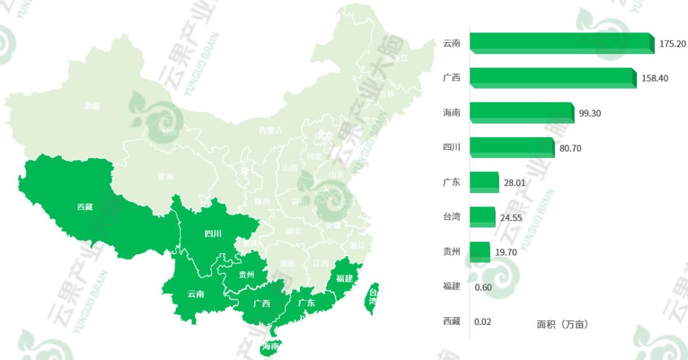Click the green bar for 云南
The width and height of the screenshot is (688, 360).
point(561,43)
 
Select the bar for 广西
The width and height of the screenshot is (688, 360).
point(552,78)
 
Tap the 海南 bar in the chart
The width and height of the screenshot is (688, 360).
point(521,113)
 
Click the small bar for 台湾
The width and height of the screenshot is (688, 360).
point(482,217)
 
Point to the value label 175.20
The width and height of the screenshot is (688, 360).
point(673,44)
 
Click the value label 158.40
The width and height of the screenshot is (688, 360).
point(655,78)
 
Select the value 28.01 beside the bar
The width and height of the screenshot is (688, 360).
point(514,183)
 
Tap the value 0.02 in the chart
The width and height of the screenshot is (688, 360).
point(483,322)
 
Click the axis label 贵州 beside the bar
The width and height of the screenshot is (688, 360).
point(452,252)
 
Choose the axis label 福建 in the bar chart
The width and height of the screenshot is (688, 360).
point(452,286)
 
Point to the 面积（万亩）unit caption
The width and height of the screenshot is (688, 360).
point(563,324)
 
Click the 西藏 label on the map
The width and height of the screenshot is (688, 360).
point(85,206)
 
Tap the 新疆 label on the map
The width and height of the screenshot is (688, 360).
point(92,106)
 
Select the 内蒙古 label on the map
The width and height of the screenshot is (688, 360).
point(270,130)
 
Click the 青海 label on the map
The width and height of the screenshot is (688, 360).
point(166,176)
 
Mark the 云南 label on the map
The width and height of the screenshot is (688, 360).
point(196,294)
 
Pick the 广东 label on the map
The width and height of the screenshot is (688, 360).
point(306,303)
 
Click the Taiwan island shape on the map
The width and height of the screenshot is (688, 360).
point(371,298)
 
